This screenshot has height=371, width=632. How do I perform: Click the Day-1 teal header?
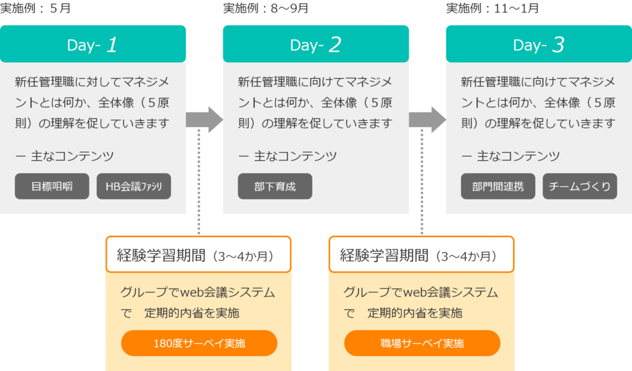93,44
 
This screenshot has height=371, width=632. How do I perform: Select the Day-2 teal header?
315,44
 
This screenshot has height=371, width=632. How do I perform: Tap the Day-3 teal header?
539,44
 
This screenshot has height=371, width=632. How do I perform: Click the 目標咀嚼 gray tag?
52,186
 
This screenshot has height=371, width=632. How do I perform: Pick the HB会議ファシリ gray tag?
134,186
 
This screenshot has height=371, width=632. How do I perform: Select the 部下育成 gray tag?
275,186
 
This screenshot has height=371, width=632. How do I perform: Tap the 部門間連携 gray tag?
498,186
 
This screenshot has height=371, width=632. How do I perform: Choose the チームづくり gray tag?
580,186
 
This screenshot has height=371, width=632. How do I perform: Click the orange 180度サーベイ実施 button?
199,343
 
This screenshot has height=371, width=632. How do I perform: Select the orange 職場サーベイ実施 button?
422,343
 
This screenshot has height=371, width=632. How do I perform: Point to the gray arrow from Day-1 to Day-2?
204,120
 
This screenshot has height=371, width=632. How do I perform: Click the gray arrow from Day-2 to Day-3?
427,120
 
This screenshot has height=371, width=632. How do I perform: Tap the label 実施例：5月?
35,8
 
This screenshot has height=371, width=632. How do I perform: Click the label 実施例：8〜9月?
266,8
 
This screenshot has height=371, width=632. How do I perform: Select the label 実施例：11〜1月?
493,8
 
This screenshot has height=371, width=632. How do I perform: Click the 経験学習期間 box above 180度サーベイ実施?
198,254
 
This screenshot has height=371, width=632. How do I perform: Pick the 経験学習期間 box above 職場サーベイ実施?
421,254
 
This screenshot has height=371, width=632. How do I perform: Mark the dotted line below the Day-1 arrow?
199,181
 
